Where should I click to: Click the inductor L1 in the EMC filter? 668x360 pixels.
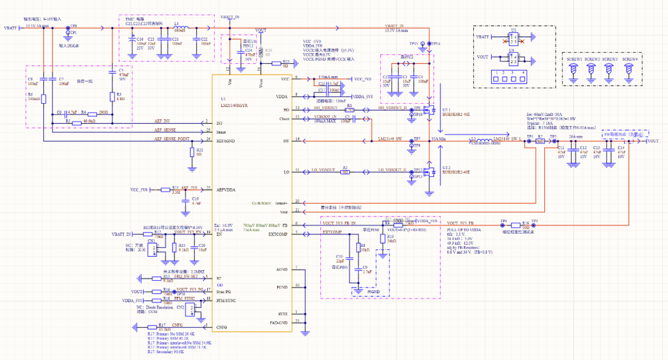[183, 28]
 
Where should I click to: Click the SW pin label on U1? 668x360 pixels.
[285, 142]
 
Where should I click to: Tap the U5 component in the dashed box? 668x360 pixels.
[513, 39]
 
